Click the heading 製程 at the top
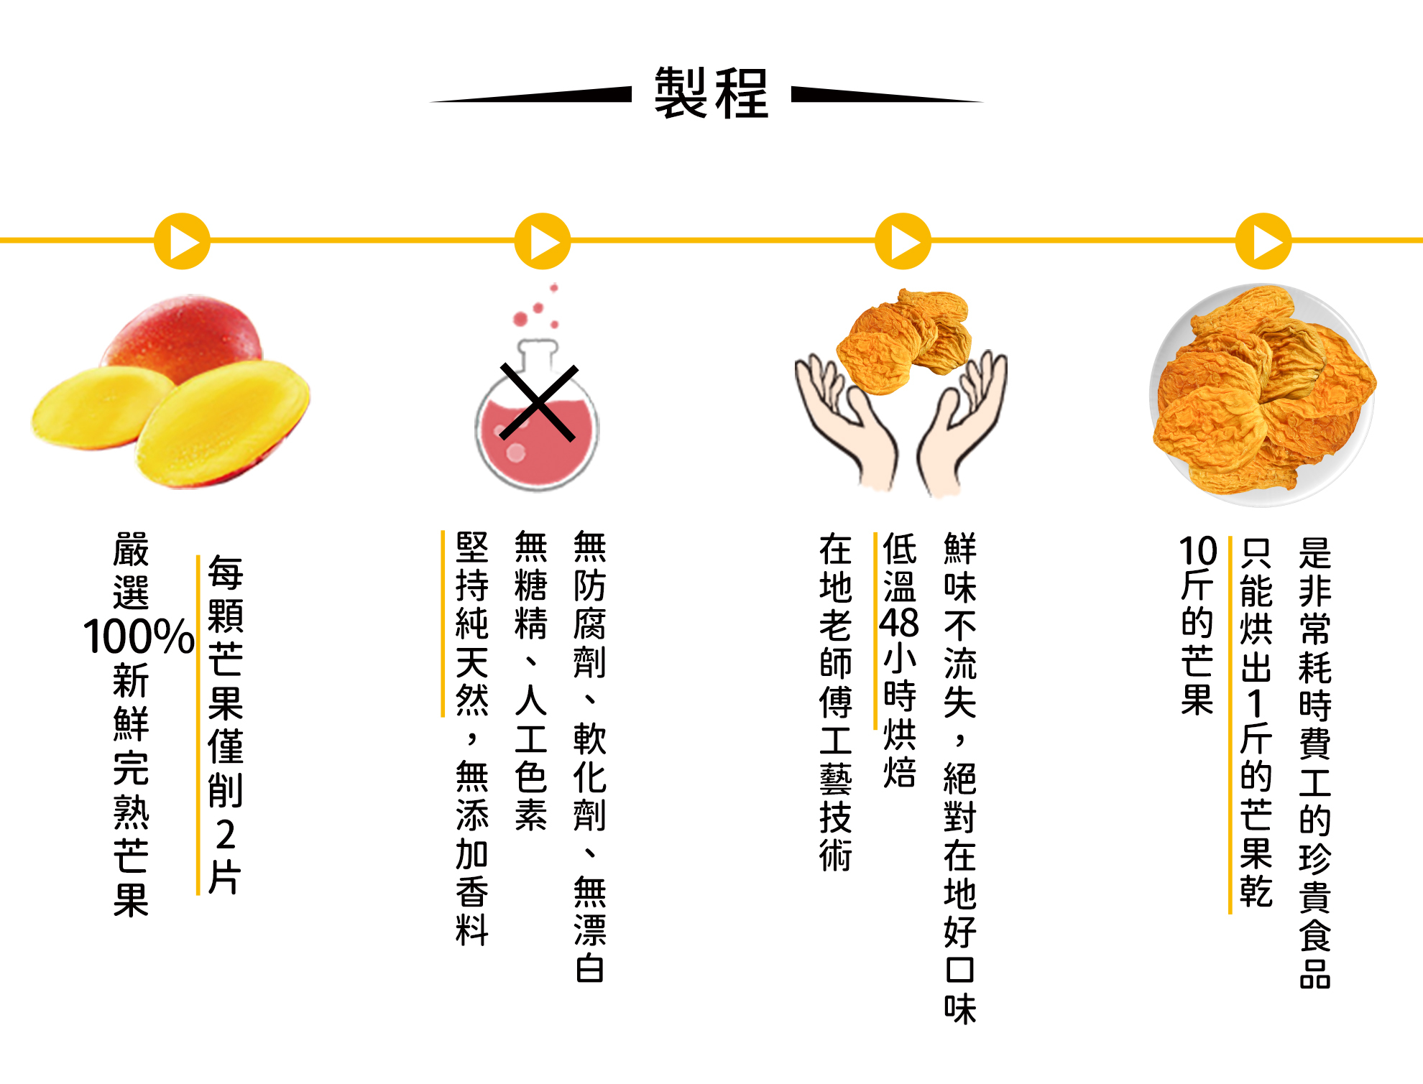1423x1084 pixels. [x=711, y=93]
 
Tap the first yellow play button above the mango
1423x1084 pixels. [x=183, y=241]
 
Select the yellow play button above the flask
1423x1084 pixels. [x=543, y=241]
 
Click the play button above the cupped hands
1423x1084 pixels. [x=903, y=241]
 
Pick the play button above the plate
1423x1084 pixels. [x=1263, y=241]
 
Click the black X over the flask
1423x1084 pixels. [x=538, y=402]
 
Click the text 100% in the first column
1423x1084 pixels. [x=138, y=636]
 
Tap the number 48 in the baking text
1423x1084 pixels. [x=899, y=622]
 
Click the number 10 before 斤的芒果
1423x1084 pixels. [x=1197, y=552]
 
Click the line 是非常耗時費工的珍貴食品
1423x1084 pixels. [x=1314, y=762]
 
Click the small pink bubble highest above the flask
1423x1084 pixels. [x=554, y=288]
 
